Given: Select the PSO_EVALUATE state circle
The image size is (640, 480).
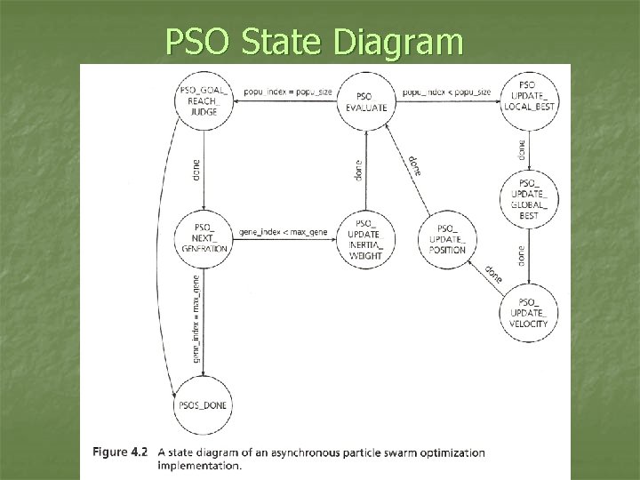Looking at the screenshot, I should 364,101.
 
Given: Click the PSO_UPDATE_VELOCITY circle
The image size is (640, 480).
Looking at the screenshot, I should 529,313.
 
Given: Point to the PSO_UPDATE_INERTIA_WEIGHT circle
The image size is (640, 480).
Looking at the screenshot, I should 365,239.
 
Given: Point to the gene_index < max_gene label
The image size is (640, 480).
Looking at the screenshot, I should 284,231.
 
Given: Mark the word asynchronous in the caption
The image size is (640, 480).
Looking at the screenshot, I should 333,452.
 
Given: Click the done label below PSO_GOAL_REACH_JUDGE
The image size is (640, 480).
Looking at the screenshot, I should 196,170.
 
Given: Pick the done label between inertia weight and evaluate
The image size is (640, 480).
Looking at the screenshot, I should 357,170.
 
